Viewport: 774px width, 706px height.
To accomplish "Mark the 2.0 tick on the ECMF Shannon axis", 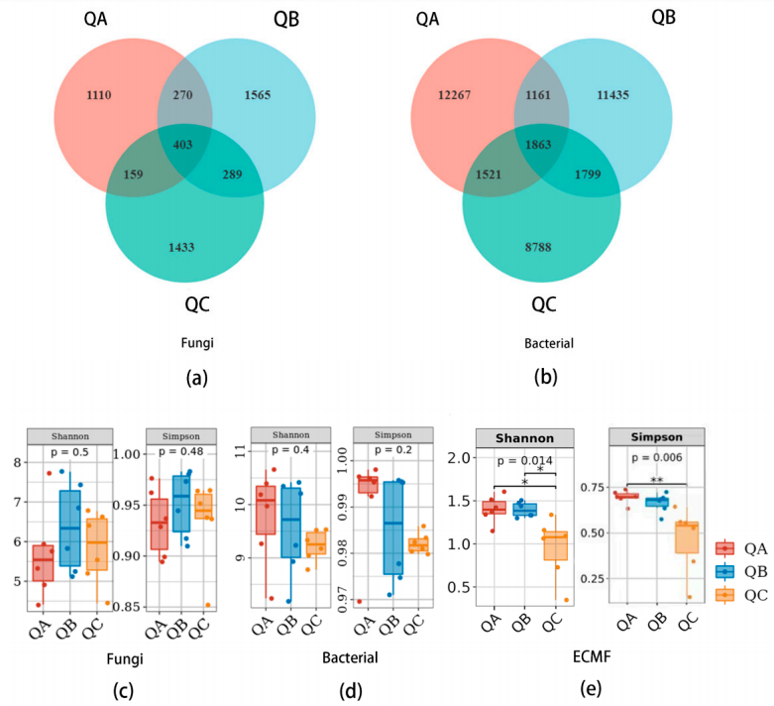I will point(457,457).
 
